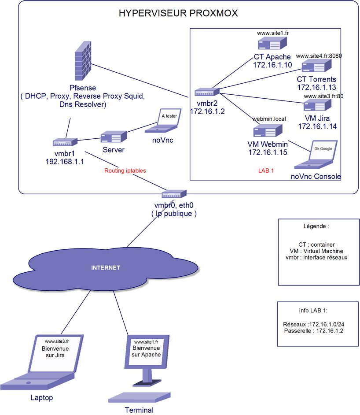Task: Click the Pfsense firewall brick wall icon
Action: [83, 61]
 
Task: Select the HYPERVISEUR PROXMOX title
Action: [178, 13]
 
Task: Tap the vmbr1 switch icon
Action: [65, 142]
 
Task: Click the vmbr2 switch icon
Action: [207, 92]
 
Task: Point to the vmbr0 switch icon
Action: [174, 194]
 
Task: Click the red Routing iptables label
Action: [125, 170]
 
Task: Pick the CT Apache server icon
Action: [272, 43]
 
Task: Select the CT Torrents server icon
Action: [316, 65]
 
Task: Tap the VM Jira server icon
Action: [317, 105]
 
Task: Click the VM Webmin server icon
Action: [268, 130]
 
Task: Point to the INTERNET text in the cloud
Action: [106, 268]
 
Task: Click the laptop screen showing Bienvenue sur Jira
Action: [56, 353]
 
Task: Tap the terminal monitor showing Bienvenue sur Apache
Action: [147, 352]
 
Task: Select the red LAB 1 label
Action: [266, 170]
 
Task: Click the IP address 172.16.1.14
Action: [317, 126]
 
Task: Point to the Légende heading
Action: [316, 226]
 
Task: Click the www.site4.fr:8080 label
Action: [319, 56]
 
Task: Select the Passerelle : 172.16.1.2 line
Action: [313, 331]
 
